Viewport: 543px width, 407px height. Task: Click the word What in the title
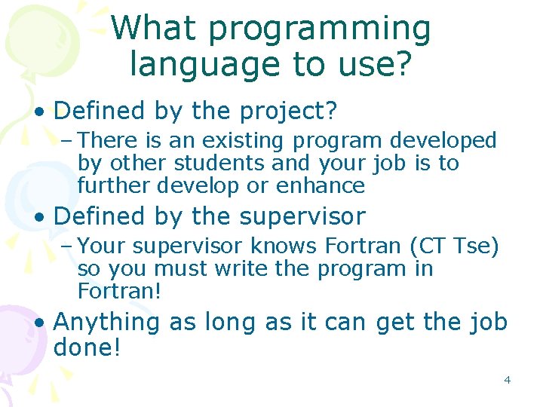click(x=153, y=29)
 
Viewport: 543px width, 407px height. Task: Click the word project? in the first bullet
click(x=288, y=112)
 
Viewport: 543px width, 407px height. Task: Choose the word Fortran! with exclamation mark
click(x=119, y=291)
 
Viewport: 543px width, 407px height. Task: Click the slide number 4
click(x=507, y=380)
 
